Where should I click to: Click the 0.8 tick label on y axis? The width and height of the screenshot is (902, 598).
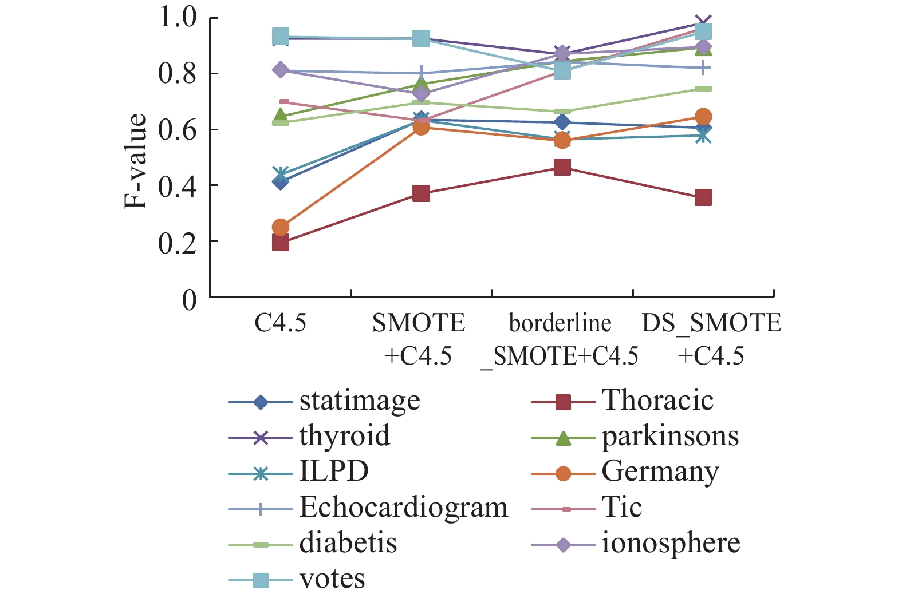(178, 74)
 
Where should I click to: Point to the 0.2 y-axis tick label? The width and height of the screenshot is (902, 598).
(178, 242)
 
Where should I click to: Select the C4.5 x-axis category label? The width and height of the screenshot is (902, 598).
(280, 323)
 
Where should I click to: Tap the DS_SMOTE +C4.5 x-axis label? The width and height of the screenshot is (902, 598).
(711, 339)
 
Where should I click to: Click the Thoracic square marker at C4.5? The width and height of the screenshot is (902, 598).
(280, 243)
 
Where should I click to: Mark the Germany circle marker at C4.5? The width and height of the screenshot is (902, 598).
(280, 227)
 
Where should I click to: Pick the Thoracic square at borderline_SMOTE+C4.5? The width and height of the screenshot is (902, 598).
(562, 167)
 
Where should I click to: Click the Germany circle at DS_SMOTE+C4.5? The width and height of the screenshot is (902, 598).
(703, 117)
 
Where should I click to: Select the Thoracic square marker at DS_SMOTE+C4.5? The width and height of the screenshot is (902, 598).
(703, 198)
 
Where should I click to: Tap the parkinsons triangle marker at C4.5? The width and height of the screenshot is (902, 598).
(280, 116)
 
